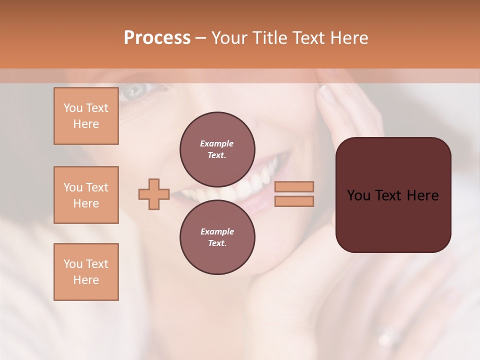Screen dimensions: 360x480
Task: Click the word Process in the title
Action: (157, 38)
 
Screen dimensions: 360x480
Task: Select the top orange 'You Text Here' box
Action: (86, 116)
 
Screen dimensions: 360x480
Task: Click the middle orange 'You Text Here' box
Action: (86, 195)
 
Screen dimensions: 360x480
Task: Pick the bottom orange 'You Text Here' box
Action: (86, 272)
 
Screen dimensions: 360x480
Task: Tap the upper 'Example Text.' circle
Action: (217, 149)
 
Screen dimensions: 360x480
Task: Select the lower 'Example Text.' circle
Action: (217, 237)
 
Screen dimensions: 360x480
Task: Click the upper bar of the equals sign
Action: (294, 186)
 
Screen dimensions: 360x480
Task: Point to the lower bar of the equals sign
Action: (294, 201)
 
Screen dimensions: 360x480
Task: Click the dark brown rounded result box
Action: (393, 220)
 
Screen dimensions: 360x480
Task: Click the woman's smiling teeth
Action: (235, 187)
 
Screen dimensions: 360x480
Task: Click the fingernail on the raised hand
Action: (328, 94)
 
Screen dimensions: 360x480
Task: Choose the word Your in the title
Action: (229, 38)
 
